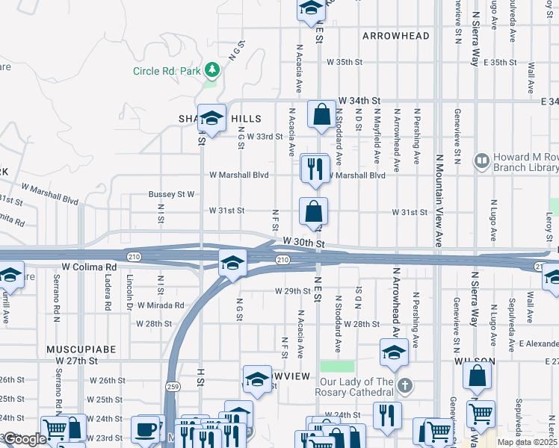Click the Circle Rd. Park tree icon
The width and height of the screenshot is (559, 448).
pyautogui.click(x=213, y=70)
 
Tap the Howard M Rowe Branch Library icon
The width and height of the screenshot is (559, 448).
pyautogui.click(x=481, y=161)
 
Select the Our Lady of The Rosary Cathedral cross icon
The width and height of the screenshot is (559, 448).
pyautogui.click(x=404, y=386)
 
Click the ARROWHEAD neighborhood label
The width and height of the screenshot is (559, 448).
pyautogui.click(x=396, y=36)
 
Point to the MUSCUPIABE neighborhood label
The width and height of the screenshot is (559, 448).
pyautogui.click(x=73, y=349)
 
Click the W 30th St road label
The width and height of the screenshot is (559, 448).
pyautogui.click(x=303, y=243)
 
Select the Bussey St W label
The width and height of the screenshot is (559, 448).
pyautogui.click(x=171, y=194)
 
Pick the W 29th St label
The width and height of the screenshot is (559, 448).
pyautogui.click(x=292, y=290)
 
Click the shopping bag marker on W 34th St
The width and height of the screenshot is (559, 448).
pyautogui.click(x=321, y=115)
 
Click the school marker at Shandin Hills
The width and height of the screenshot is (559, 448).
pyautogui.click(x=212, y=119)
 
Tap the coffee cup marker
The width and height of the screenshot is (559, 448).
pyautogui.click(x=146, y=430)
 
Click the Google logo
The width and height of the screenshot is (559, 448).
pyautogui.click(x=25, y=440)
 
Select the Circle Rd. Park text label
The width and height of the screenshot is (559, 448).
pyautogui.click(x=169, y=71)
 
